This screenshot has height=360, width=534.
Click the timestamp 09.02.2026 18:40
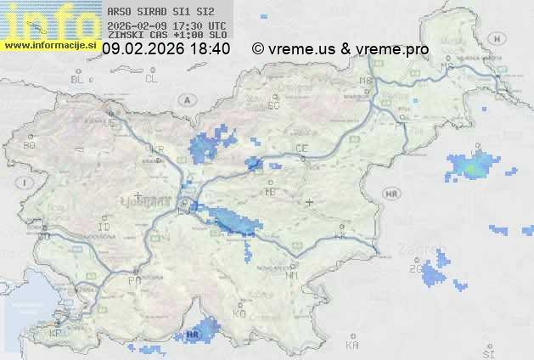(166, 49)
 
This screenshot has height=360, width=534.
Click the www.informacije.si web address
(50, 45)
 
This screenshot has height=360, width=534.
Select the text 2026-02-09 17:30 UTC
(167, 25)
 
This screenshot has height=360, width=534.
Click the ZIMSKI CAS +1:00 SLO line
(167, 35)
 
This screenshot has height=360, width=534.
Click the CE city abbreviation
(301, 149)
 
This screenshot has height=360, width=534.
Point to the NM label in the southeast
(293, 275)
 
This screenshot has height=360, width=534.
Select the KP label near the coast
(56, 333)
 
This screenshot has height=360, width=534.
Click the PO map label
(133, 279)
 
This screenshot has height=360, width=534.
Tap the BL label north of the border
(77, 79)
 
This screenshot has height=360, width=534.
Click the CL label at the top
(151, 79)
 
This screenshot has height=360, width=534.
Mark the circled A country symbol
(185, 99)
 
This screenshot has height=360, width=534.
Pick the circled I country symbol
(26, 183)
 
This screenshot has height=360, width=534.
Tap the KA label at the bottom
(352, 346)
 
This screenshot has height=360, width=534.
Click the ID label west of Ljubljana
(104, 228)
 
